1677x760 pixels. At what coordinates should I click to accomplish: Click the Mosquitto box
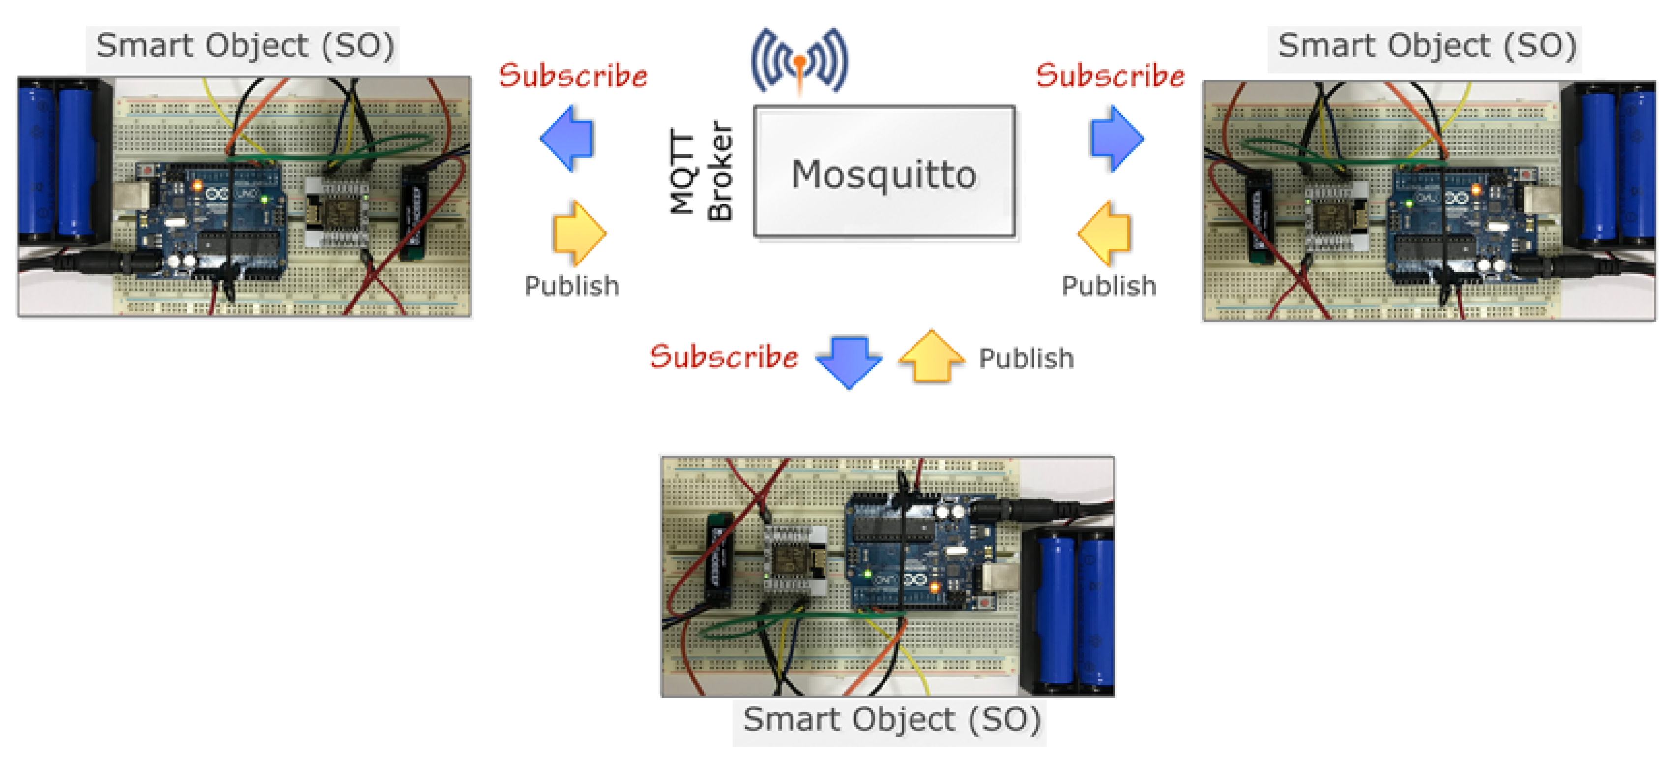coord(883,173)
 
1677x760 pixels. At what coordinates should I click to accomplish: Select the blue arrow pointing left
coord(568,139)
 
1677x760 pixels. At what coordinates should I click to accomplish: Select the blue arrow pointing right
coord(1116,139)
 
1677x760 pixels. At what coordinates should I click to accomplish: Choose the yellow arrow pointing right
coord(578,233)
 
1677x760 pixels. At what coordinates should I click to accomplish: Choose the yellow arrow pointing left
coord(1105,233)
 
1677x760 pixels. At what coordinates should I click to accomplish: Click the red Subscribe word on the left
coord(573,76)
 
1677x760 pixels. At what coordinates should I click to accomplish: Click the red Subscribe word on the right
coord(1110,76)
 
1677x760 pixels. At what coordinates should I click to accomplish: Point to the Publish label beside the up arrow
coord(1026,358)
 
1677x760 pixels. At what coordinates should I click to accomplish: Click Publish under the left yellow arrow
coord(572,286)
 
